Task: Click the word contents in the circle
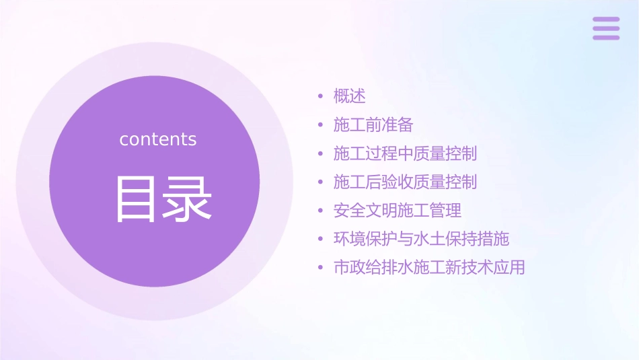(158, 139)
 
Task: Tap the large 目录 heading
(163, 199)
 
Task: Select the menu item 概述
(350, 96)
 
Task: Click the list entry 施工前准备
(373, 125)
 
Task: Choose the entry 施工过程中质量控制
(405, 153)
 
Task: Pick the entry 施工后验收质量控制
(405, 182)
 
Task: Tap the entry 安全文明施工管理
(398, 211)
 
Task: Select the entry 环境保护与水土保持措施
(421, 239)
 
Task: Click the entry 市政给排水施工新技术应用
(429, 268)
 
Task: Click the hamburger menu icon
(606, 28)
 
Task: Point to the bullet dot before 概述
(321, 97)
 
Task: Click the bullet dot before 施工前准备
(321, 125)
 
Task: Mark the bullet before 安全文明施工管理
(321, 211)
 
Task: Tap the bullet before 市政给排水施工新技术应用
(321, 268)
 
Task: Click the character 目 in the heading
(137, 199)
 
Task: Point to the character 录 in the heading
(189, 199)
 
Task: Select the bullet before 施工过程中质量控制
(321, 153)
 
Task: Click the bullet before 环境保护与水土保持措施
(321, 240)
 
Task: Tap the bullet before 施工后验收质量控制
(321, 182)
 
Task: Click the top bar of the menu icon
(606, 20)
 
